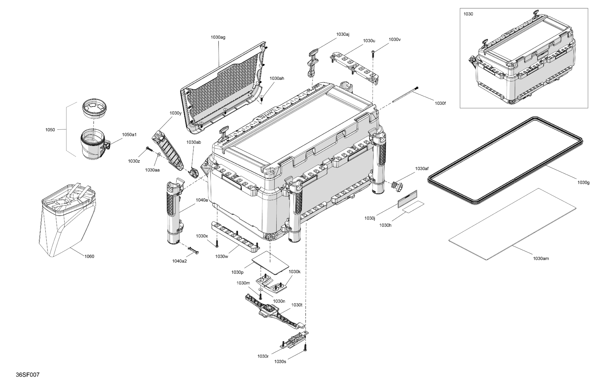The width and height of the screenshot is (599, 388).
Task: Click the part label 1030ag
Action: coord(218,37)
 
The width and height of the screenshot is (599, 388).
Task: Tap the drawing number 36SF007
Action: coord(28,375)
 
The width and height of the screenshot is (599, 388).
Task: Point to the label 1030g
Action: coord(583,183)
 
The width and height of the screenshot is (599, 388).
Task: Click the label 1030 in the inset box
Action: coord(468,14)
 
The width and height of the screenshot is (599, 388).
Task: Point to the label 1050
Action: coord(50,130)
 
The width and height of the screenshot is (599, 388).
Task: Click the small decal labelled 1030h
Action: coord(413,207)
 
